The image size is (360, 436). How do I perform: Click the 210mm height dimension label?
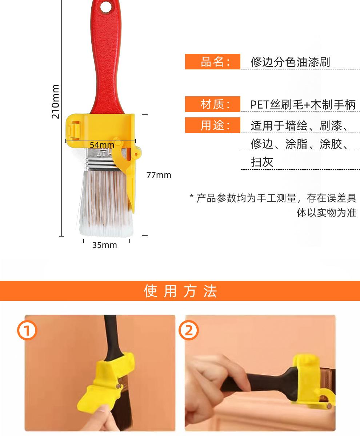(55, 102)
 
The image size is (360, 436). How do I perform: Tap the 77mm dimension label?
(159, 175)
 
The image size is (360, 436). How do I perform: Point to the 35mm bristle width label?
(104, 245)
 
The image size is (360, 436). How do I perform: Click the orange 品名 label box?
(213, 62)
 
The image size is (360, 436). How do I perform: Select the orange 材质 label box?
(213, 104)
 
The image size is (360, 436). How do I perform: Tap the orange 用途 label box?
(213, 125)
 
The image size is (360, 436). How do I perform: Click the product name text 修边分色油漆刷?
(290, 62)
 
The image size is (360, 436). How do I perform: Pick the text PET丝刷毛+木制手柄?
(303, 105)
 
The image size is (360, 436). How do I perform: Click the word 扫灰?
(262, 162)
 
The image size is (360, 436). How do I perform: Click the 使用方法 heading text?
(180, 291)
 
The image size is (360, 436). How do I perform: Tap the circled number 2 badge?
(189, 331)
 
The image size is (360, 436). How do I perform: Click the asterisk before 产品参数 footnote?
(191, 197)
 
